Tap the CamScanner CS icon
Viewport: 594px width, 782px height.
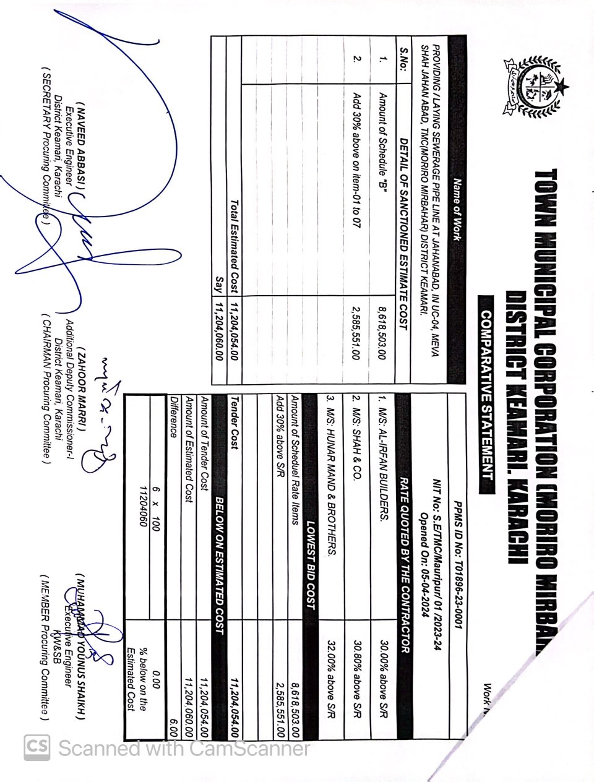click(37, 748)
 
